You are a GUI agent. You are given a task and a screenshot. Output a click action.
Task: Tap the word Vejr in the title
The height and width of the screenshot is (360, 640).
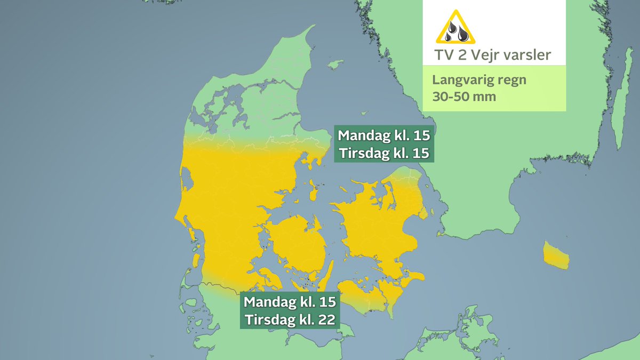[x=482, y=55]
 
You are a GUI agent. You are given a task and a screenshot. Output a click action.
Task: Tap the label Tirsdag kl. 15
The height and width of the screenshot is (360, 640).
[x=383, y=154]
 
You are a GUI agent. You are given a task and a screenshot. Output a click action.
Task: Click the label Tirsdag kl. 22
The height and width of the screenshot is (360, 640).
[x=291, y=321]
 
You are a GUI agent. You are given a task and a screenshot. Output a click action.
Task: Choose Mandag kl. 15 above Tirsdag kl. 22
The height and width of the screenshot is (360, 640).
[x=291, y=302]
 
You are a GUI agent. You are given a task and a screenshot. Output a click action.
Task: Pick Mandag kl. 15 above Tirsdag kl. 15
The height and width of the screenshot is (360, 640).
[x=383, y=134]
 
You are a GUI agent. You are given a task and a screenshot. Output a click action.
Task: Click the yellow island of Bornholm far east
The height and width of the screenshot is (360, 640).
[x=556, y=255]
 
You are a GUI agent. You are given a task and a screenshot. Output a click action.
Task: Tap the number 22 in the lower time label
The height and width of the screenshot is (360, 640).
[x=327, y=321]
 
